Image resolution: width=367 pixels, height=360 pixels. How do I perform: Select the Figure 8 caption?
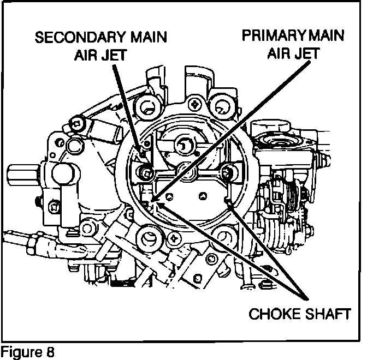point(28,350)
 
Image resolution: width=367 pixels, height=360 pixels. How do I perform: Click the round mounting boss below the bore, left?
point(148,237)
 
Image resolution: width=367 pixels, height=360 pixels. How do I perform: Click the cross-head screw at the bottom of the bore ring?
point(174,238)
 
